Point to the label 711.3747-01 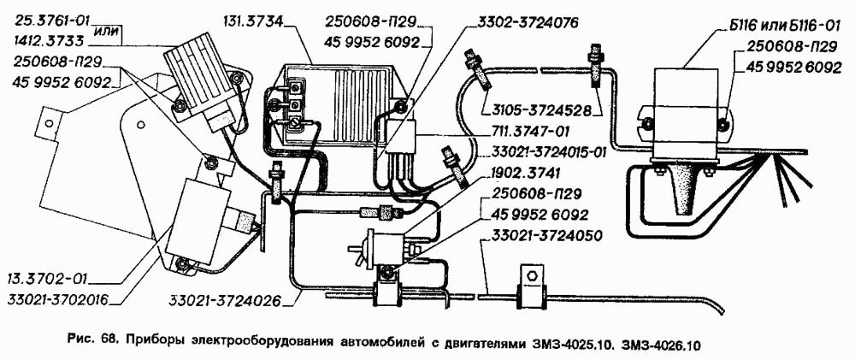coord(533,133)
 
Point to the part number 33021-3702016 coord(58,299)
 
